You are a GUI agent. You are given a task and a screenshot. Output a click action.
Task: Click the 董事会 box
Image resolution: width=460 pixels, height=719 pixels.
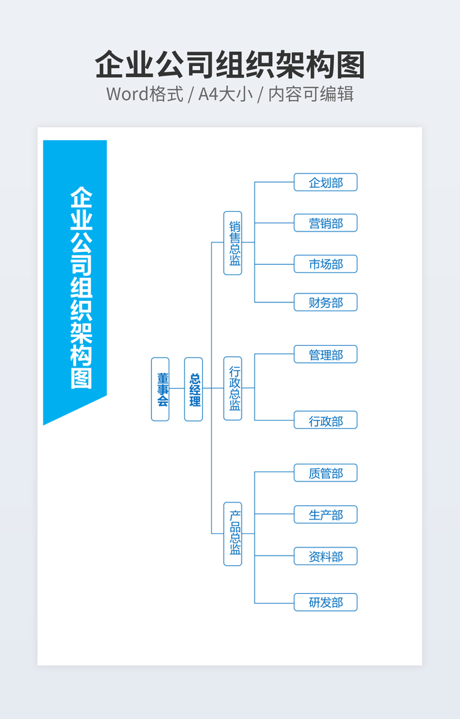[160, 389]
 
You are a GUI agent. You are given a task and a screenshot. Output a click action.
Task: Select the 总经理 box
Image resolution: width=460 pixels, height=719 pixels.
[193, 389]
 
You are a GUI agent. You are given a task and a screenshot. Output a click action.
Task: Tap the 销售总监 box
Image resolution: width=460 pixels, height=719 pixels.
[233, 242]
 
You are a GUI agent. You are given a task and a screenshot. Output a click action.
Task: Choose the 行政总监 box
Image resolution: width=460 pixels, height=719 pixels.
[233, 388]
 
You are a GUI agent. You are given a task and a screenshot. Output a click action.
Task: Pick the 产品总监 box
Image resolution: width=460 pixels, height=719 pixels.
[233, 533]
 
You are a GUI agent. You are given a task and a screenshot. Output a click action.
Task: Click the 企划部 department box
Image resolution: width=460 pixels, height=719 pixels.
[325, 182]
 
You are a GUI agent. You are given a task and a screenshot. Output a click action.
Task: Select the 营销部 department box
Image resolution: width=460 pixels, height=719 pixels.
[325, 223]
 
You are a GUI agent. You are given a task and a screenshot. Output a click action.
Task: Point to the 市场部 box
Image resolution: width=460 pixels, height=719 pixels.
[325, 264]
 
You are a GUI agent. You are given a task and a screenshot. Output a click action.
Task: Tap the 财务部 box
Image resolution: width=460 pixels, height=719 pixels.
[325, 302]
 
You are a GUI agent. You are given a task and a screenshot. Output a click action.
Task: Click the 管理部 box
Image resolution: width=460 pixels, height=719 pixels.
[325, 355]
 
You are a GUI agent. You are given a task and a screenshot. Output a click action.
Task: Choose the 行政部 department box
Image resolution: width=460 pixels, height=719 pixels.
[325, 421]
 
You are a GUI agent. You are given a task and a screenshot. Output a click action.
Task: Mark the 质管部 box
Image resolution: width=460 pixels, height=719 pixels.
[325, 473]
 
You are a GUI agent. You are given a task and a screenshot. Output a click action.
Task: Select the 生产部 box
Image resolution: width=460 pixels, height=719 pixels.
[325, 515]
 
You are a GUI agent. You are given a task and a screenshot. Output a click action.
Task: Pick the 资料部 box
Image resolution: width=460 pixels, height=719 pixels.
[325, 556]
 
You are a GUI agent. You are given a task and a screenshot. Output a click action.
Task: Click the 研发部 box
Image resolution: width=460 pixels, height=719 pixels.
[325, 603]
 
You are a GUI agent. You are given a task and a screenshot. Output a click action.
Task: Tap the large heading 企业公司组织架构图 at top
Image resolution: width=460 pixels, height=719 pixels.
[230, 65]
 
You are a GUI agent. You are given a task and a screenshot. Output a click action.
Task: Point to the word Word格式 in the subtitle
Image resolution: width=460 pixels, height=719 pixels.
[144, 94]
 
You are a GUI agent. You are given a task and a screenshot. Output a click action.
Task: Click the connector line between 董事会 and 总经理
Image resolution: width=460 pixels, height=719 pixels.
[177, 389]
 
